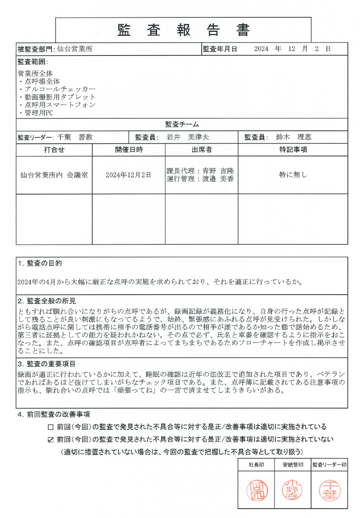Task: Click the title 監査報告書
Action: click(x=183, y=30)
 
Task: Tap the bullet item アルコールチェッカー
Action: click(x=60, y=89)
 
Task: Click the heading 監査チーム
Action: click(x=182, y=124)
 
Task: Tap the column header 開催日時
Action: click(x=129, y=150)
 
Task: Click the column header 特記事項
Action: click(x=293, y=150)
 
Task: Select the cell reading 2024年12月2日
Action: click(x=128, y=175)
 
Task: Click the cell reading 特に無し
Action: click(x=293, y=175)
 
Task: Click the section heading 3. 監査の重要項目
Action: click(x=46, y=364)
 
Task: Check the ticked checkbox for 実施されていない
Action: click(x=50, y=439)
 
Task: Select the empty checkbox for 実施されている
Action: click(x=50, y=427)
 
